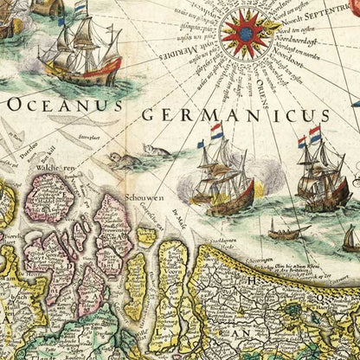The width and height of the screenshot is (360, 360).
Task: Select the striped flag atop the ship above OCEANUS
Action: click(80, 10)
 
